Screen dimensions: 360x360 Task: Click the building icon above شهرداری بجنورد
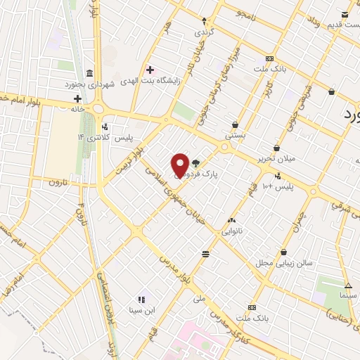click(89, 73)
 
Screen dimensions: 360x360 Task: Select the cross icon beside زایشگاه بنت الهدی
click(149, 69)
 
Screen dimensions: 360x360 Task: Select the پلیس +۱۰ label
click(278, 186)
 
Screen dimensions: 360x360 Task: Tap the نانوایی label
click(232, 230)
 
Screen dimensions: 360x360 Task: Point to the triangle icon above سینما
click(348, 285)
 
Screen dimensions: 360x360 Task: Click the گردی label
click(205, 32)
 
